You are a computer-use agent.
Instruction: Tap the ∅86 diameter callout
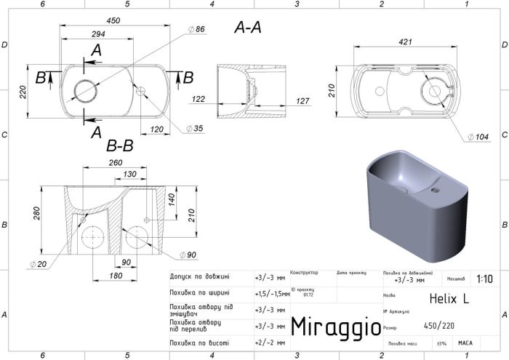pos(197,29)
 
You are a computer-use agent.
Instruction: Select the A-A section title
pos(248,28)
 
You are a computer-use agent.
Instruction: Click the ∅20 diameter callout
pos(39,263)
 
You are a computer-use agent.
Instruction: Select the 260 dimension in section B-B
pos(116,163)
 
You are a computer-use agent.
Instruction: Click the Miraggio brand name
pos(335,327)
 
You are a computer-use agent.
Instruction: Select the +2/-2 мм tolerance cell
pos(266,343)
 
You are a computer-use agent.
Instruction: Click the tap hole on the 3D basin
pos(436,191)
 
